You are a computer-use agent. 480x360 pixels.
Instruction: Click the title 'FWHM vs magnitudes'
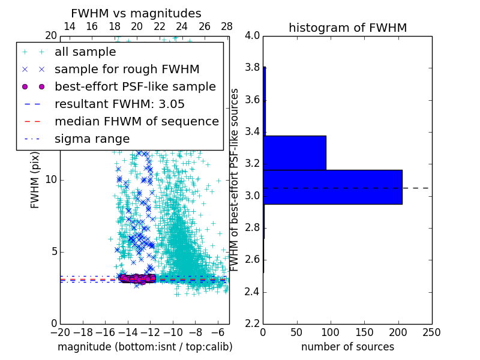[136, 14]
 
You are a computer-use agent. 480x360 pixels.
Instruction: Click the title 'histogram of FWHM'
[347, 28]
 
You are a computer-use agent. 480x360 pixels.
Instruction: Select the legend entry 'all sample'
[85, 52]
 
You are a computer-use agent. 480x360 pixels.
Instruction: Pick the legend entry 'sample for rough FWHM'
[127, 70]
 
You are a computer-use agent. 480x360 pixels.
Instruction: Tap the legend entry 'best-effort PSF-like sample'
[135, 86]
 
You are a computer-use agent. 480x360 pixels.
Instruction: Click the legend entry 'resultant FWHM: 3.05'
[119, 104]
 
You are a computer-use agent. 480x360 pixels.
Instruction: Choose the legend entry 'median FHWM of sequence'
[136, 121]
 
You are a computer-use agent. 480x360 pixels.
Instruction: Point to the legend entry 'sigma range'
[92, 139]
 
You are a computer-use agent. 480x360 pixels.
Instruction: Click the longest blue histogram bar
[332, 187]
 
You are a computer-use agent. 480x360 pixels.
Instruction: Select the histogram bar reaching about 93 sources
[295, 153]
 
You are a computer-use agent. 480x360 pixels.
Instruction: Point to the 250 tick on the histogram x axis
[431, 332]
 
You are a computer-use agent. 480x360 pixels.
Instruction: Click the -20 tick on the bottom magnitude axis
[60, 332]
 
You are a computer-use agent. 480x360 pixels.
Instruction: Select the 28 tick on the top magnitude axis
[227, 26]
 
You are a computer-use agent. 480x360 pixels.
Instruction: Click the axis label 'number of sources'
[347, 347]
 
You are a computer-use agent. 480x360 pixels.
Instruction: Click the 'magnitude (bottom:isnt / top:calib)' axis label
[145, 347]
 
